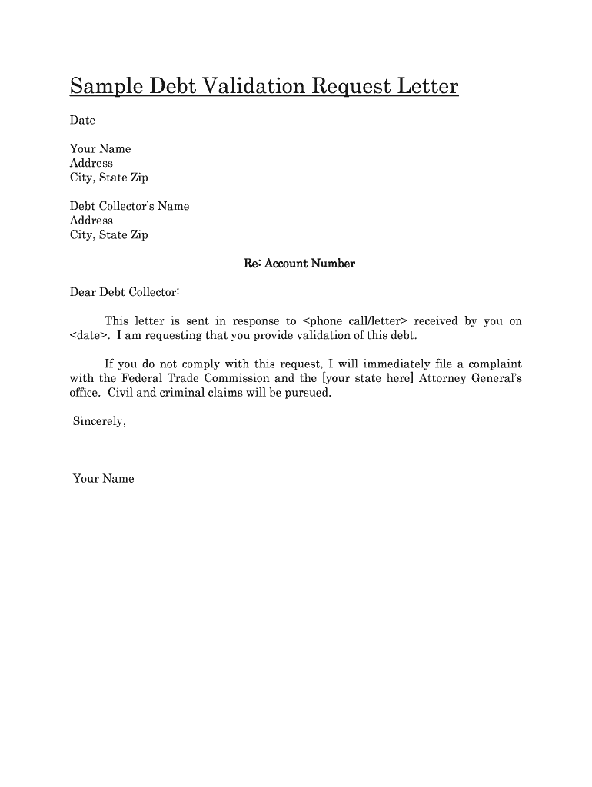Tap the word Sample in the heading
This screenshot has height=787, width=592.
click(x=103, y=86)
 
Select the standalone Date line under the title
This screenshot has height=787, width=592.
click(x=82, y=120)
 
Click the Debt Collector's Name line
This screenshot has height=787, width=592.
click(x=129, y=206)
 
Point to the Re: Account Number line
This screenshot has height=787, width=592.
click(x=299, y=264)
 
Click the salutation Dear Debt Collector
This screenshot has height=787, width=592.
click(x=125, y=292)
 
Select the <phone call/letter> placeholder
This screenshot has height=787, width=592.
click(x=354, y=321)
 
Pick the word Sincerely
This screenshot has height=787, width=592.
click(x=98, y=421)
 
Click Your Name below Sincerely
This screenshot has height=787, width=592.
click(x=103, y=479)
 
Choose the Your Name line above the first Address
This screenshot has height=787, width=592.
click(x=100, y=148)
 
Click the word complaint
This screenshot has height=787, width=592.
click(x=494, y=364)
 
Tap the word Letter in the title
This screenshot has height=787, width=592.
click(x=426, y=86)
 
